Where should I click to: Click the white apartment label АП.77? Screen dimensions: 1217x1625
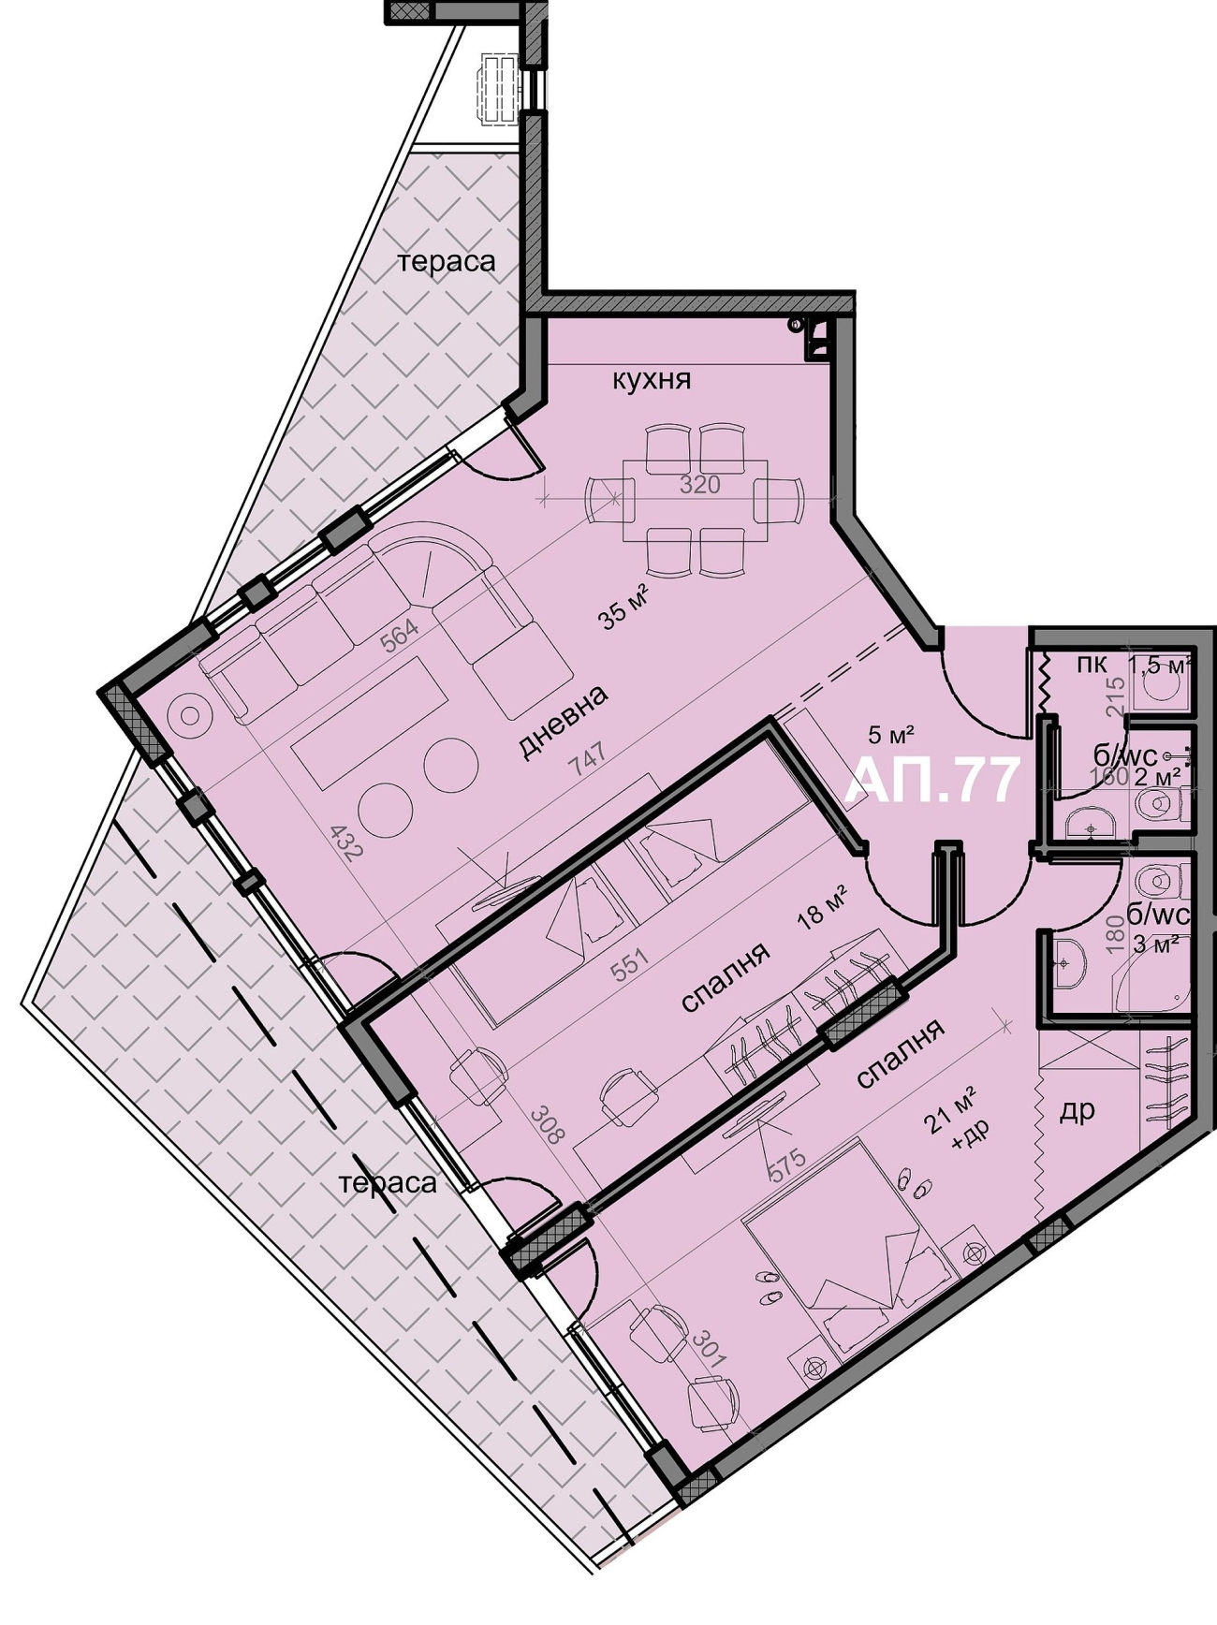click(x=931, y=781)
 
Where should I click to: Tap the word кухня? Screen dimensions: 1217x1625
click(x=652, y=380)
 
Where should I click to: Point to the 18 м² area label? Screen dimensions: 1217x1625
click(x=823, y=906)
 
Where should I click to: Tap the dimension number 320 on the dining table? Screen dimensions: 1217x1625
click(x=699, y=485)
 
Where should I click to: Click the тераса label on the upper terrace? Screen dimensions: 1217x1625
click(x=447, y=262)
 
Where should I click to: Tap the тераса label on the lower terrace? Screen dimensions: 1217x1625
click(x=389, y=1183)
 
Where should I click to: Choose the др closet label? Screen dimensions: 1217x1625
click(x=1077, y=1111)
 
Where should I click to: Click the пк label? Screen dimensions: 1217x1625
click(x=1092, y=665)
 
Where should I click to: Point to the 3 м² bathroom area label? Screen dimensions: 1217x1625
click(x=1155, y=944)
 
